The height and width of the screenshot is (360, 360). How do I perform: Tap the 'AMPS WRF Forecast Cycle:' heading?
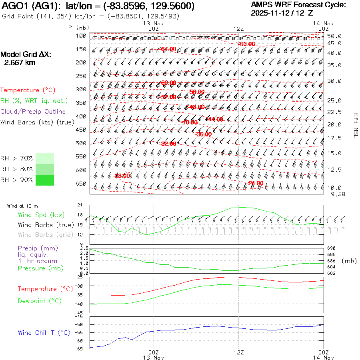coord(298,5)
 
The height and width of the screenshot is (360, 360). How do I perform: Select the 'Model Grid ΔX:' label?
coord(26,54)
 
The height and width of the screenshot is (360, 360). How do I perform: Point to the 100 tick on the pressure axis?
coord(81,36)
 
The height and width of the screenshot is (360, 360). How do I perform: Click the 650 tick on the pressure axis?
coord(81,184)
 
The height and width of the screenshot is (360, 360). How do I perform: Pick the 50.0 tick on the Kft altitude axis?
coord(334,36)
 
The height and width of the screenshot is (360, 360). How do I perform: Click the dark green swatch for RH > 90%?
coord(44,180)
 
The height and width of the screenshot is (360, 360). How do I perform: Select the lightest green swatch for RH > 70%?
coord(44,158)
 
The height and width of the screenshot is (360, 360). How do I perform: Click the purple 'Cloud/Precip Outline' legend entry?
coord(33,112)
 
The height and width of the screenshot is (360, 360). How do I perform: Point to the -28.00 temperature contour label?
coord(122,176)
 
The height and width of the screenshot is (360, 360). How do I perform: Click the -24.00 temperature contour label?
coord(256,183)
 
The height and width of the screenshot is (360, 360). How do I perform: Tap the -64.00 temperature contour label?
coord(168,49)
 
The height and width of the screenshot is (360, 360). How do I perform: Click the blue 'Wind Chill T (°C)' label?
coord(44,333)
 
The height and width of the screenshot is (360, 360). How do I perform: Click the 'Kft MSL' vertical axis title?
coord(355,125)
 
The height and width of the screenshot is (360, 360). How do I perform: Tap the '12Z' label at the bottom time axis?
coord(239,352)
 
